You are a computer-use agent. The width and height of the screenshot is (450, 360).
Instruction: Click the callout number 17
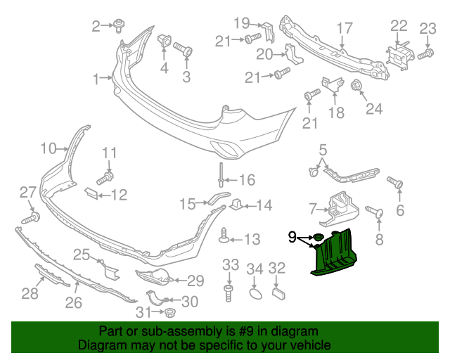pos(344,28)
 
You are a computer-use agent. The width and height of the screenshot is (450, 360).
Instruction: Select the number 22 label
pos(399,26)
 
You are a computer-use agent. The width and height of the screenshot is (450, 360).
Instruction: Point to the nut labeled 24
pos(356,86)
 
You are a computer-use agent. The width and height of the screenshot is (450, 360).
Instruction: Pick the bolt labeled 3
pos(184,51)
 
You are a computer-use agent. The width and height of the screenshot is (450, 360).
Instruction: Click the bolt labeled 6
pos(397,183)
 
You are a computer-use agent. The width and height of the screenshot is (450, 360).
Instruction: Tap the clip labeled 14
pos(237,205)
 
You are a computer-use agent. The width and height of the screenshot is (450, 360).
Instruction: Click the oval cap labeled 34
pos(255,291)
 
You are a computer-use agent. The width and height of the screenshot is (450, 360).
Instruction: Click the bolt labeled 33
pos(229,291)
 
